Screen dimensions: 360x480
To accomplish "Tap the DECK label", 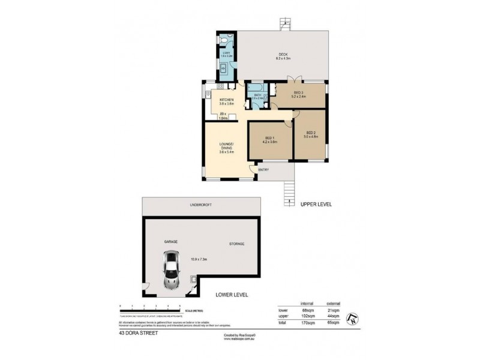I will click(x=283, y=55).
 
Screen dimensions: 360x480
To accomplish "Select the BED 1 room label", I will click(x=269, y=140).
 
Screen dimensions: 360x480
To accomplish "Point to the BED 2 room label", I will click(x=311, y=134).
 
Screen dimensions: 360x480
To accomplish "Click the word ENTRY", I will click(x=263, y=170).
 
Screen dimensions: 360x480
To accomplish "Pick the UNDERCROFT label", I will click(x=202, y=205).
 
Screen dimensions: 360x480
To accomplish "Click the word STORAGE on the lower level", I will click(x=236, y=244).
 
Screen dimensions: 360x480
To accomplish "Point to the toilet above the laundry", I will click(x=223, y=40).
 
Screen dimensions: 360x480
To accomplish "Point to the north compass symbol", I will click(x=353, y=318).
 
